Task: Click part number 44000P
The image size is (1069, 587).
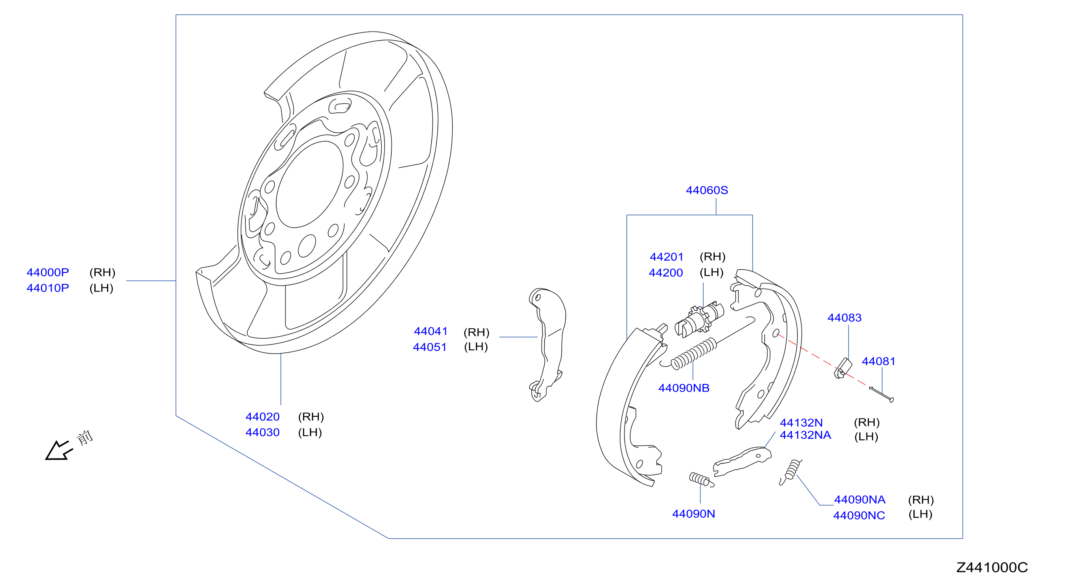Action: pyautogui.click(x=48, y=273)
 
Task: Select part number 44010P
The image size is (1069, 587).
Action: pyautogui.click(x=48, y=288)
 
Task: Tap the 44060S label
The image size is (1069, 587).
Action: pyautogui.click(x=707, y=191)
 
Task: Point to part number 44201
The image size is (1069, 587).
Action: pyautogui.click(x=666, y=257)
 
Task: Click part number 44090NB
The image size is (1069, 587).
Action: pyautogui.click(x=684, y=388)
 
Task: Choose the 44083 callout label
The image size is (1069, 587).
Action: pyautogui.click(x=845, y=318)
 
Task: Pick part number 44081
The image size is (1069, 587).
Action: pyautogui.click(x=879, y=362)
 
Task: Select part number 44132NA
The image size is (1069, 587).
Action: pyautogui.click(x=806, y=436)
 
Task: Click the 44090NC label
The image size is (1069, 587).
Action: pyautogui.click(x=859, y=516)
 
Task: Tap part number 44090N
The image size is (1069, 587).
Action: pyautogui.click(x=693, y=514)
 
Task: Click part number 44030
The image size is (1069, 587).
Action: pyautogui.click(x=263, y=433)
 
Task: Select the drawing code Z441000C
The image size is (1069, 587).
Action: pyautogui.click(x=992, y=568)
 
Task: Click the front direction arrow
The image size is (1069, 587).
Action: pyautogui.click(x=59, y=451)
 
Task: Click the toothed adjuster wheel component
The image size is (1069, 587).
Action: pyautogui.click(x=699, y=320)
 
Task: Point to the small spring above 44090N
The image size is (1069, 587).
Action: pyautogui.click(x=701, y=480)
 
